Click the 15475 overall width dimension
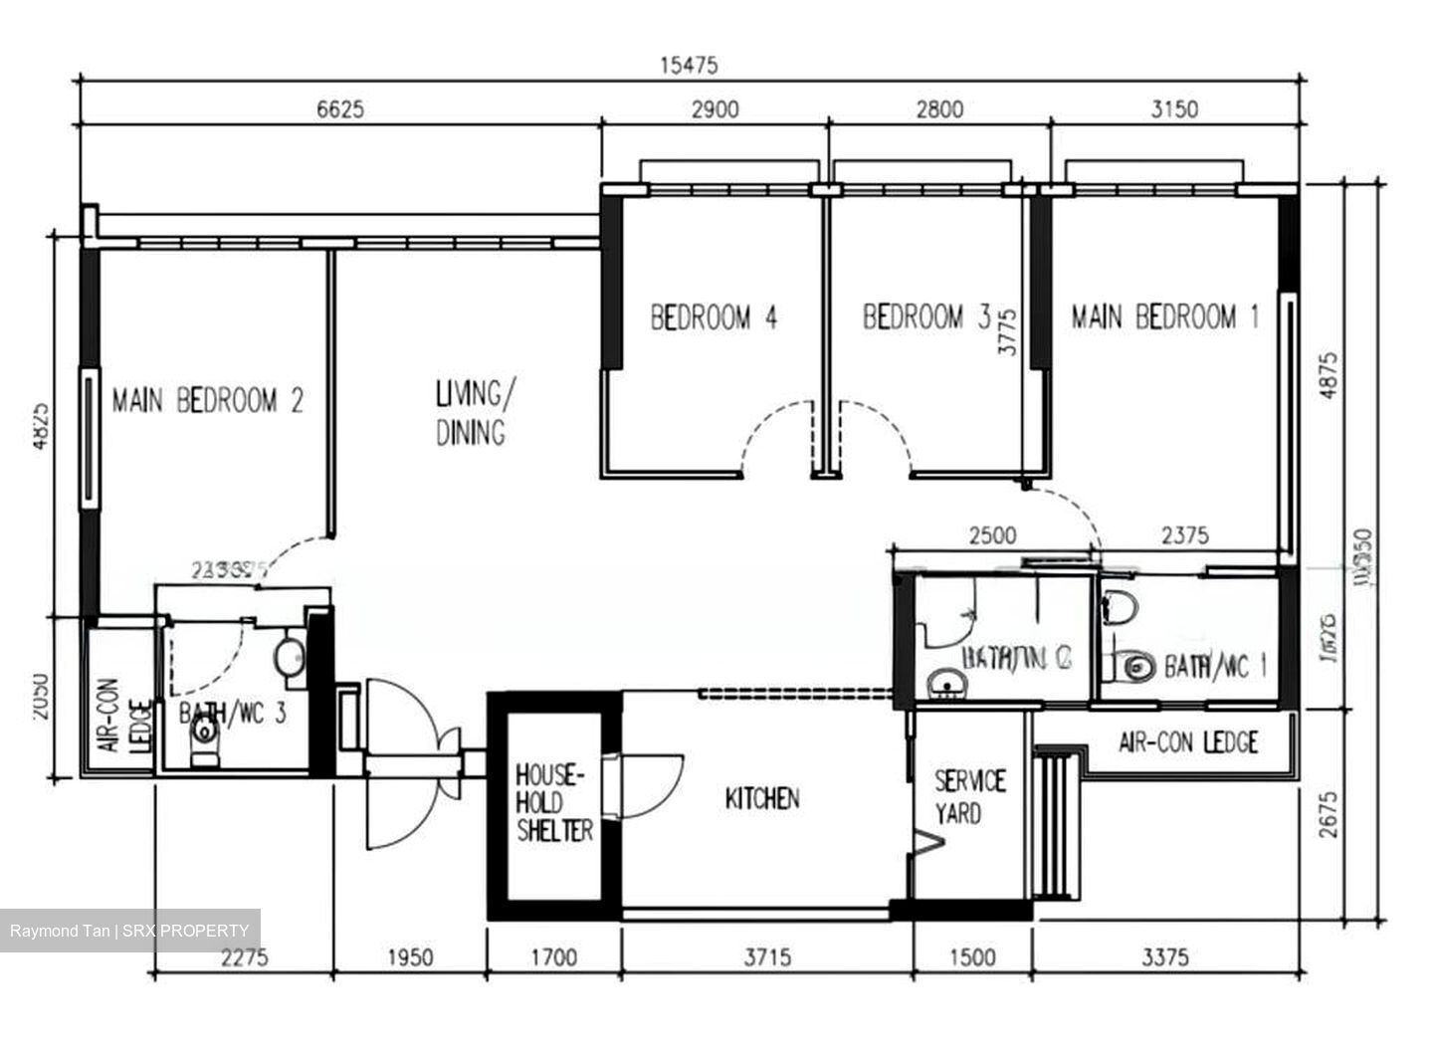(x=688, y=66)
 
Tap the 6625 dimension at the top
(x=340, y=108)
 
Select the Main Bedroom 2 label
(x=207, y=401)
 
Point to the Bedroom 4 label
(x=714, y=317)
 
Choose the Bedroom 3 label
(x=925, y=317)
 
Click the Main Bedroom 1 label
(x=1164, y=317)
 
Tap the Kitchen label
(x=761, y=798)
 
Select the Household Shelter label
(x=554, y=802)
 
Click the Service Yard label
(x=968, y=797)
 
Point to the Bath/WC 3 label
(x=232, y=714)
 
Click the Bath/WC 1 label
(x=1214, y=666)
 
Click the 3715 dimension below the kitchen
(x=767, y=957)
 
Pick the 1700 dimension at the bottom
(x=553, y=957)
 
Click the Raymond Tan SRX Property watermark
(x=130, y=931)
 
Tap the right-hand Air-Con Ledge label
(x=1188, y=742)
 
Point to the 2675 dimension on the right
(x=1331, y=814)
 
